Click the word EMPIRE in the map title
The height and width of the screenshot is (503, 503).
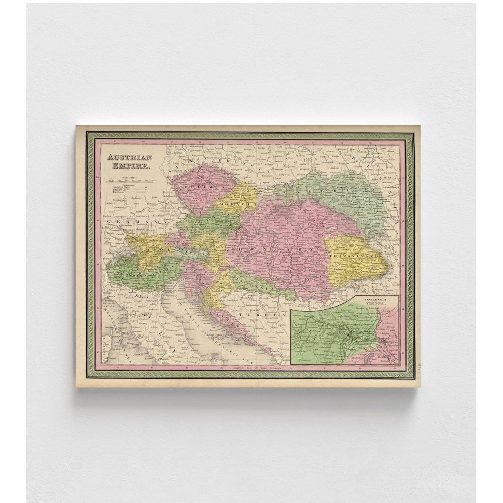[127, 165]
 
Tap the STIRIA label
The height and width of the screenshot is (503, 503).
[216, 247]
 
